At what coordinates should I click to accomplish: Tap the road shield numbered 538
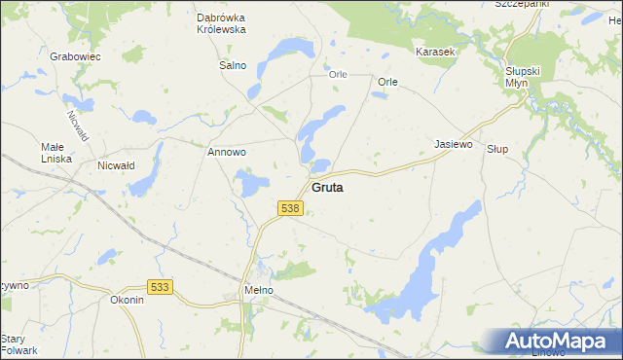290,209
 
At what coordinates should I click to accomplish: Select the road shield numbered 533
161,287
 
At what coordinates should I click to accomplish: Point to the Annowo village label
226,153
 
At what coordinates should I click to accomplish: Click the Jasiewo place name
453,144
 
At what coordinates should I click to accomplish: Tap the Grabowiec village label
76,56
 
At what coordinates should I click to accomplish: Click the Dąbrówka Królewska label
221,24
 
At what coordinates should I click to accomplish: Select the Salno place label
233,66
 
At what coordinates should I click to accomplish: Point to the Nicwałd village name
115,165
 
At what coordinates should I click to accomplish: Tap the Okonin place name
128,300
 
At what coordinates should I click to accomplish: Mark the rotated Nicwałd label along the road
77,124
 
